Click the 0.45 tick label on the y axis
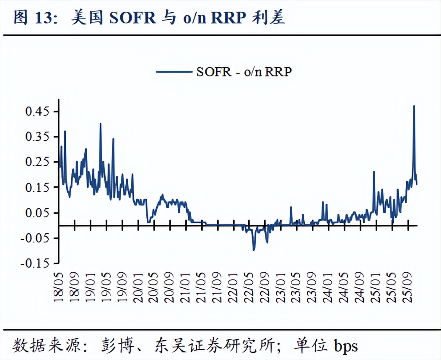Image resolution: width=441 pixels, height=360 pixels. pyautogui.click(x=37, y=112)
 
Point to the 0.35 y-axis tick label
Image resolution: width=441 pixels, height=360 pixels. pyautogui.click(x=37, y=137)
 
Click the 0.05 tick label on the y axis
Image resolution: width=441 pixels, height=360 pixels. pyautogui.click(x=37, y=213)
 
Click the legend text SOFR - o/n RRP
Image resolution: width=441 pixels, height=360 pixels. pyautogui.click(x=244, y=72)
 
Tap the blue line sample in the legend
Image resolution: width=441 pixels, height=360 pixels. pyautogui.click(x=174, y=72)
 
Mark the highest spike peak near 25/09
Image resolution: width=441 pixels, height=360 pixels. pyautogui.click(x=414, y=106)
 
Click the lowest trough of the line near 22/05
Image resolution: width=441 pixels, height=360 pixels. pyautogui.click(x=254, y=250)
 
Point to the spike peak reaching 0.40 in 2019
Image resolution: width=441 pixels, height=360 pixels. pyautogui.click(x=101, y=124)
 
